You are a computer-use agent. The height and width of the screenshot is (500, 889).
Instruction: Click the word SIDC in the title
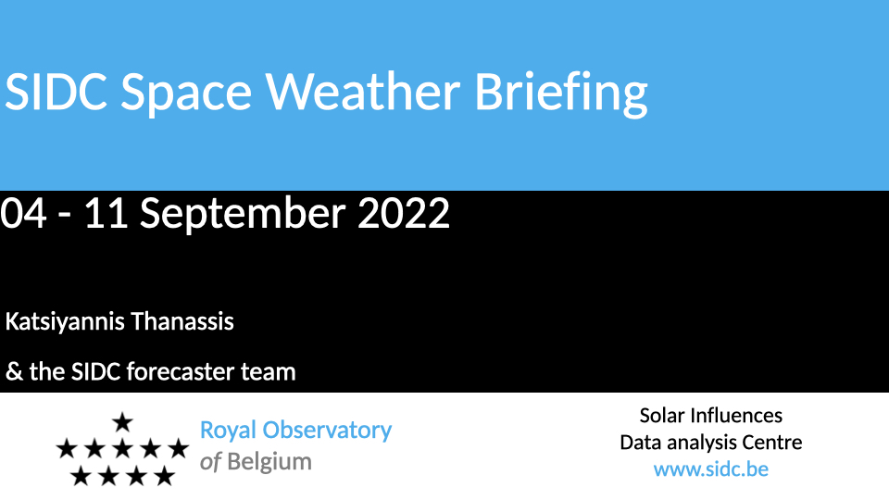pos(56,92)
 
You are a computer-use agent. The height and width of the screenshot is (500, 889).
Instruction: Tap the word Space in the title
pos(186,94)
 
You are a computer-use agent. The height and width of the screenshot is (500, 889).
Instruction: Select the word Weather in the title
pos(363,92)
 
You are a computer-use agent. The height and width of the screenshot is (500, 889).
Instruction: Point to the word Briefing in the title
pos(561,93)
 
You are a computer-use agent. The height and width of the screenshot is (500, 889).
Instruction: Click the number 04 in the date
pos(23,213)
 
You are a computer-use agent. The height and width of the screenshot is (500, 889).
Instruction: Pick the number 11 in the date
pos(106,213)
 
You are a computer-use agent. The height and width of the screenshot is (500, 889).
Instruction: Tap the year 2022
pos(404,213)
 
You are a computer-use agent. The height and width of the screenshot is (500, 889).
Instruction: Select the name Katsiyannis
pos(65,322)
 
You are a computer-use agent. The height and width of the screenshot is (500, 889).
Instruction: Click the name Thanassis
pos(182,321)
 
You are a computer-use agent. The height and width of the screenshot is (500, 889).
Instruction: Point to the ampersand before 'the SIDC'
pos(14,372)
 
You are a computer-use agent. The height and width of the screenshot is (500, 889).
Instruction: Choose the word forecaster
pos(180,371)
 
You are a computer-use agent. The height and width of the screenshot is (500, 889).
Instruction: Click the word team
pos(269,372)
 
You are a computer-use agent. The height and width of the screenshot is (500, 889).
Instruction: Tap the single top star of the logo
pos(122,422)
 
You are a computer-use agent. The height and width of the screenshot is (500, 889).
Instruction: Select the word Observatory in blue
pos(327,431)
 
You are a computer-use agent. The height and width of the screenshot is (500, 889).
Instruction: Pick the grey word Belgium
pos(269,463)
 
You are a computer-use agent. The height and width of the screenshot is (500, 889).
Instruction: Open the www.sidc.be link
pos(711,469)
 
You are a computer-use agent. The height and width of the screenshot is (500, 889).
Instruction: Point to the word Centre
pos(771,443)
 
